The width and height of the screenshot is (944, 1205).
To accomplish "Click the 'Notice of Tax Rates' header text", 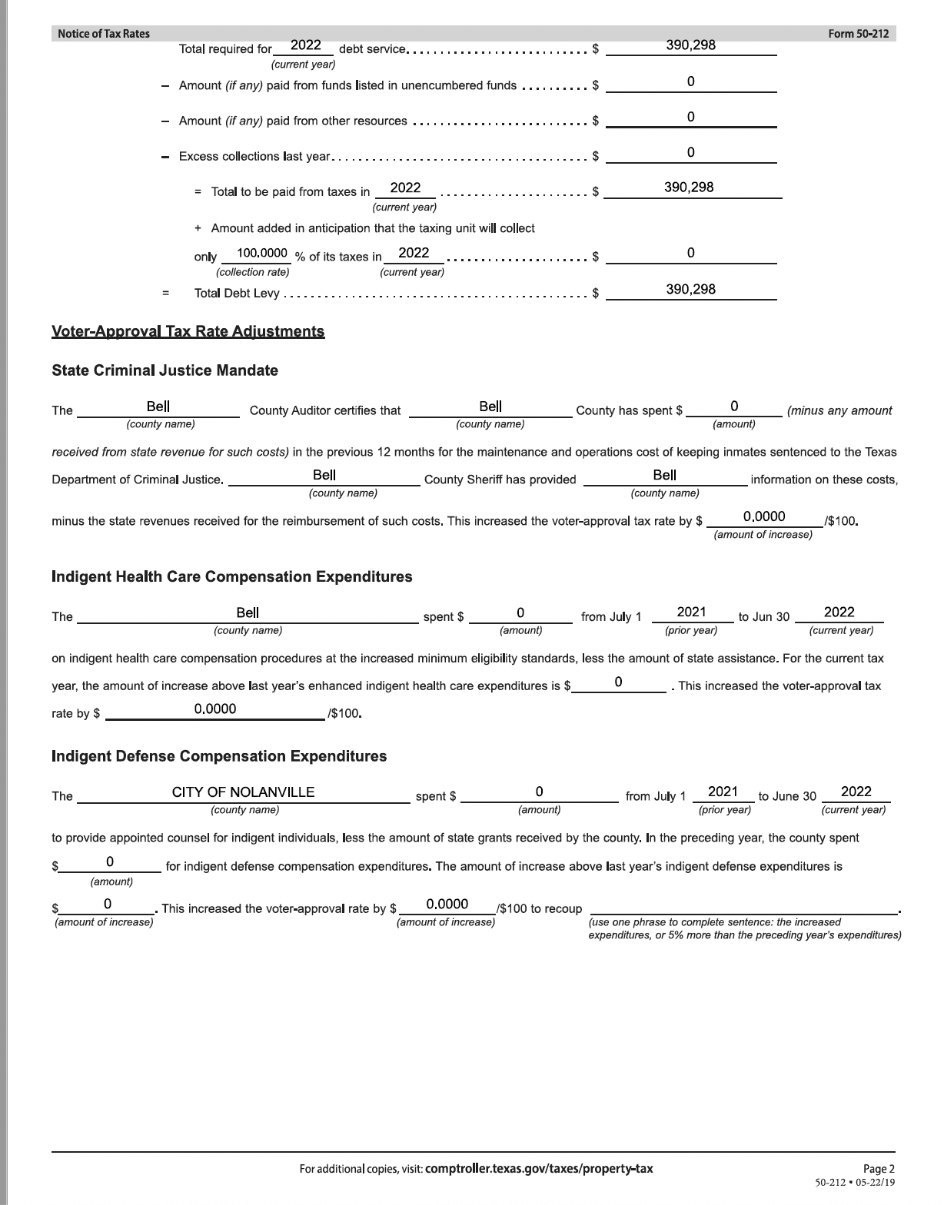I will tap(104, 33).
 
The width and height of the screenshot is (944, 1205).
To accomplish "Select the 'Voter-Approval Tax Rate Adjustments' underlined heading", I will tap(188, 331).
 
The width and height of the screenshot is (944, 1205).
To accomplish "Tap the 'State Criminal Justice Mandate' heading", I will tap(165, 370).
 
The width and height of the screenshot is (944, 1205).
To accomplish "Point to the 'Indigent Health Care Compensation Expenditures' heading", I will tap(231, 576).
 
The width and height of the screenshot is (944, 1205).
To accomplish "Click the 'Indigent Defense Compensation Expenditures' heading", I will tap(219, 756).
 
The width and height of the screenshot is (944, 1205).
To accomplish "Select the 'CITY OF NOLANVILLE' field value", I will tap(243, 792).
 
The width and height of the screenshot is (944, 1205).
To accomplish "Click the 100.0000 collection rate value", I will tap(262, 253).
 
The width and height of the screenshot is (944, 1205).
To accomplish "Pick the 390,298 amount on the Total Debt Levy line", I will tap(690, 289).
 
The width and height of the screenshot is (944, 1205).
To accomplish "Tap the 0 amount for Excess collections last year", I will tap(690, 152).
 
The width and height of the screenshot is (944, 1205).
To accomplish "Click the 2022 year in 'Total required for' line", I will tap(305, 45).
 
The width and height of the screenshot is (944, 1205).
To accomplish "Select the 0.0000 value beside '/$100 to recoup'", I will tap(447, 904).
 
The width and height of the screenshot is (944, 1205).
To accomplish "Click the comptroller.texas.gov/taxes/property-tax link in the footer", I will tap(538, 1169).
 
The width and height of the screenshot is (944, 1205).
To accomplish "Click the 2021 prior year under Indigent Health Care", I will tap(691, 612).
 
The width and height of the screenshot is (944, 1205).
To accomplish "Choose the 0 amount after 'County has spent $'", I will tap(734, 406).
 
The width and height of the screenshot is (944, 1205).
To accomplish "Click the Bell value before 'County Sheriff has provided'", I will tap(324, 475).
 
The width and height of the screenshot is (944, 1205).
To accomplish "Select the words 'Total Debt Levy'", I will tap(237, 294).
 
